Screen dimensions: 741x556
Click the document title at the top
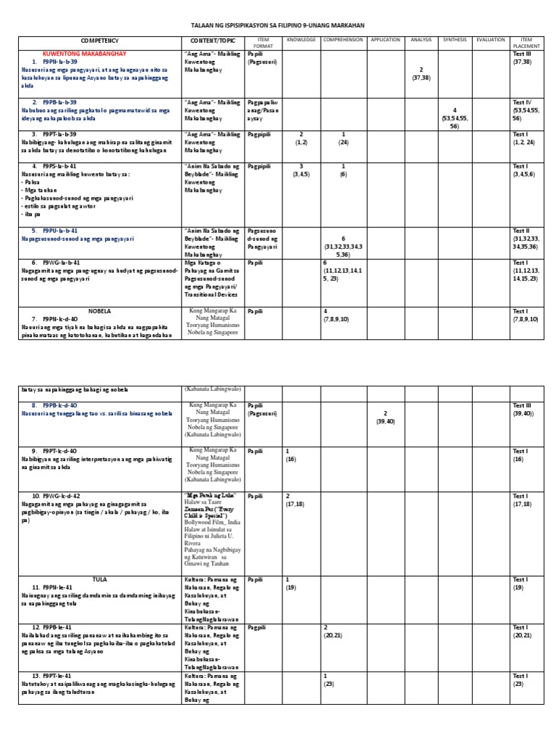278,25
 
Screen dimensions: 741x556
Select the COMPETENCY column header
100,41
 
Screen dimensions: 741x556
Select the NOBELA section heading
99,310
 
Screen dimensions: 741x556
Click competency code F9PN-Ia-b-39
59,62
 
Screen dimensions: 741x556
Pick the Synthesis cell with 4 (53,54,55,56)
454,118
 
